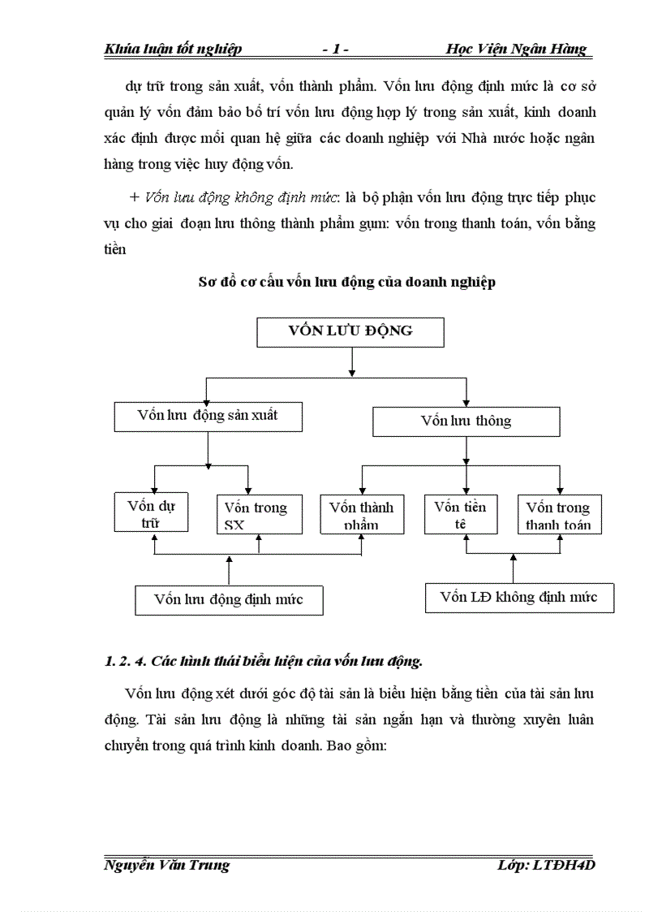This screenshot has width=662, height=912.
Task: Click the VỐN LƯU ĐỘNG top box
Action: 350,331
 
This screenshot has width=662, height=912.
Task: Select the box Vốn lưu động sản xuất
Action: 208,416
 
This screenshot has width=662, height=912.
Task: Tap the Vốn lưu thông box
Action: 466,421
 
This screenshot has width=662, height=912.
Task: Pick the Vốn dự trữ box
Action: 152,513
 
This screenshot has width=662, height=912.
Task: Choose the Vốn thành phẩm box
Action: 361,515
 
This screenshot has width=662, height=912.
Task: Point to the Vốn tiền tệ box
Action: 460,515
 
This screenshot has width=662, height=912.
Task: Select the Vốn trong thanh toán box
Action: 558,515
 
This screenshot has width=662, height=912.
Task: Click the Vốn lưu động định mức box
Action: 229,600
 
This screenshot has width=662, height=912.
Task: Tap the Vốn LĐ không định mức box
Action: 519,598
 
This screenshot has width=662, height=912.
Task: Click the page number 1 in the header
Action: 336,50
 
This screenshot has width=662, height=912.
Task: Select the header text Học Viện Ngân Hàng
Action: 516,50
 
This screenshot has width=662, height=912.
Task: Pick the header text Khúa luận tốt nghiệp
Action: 174,50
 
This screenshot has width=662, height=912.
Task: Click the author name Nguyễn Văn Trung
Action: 167,865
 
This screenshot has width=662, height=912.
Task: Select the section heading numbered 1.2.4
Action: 264,661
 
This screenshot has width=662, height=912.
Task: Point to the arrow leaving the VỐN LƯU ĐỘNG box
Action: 350,361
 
